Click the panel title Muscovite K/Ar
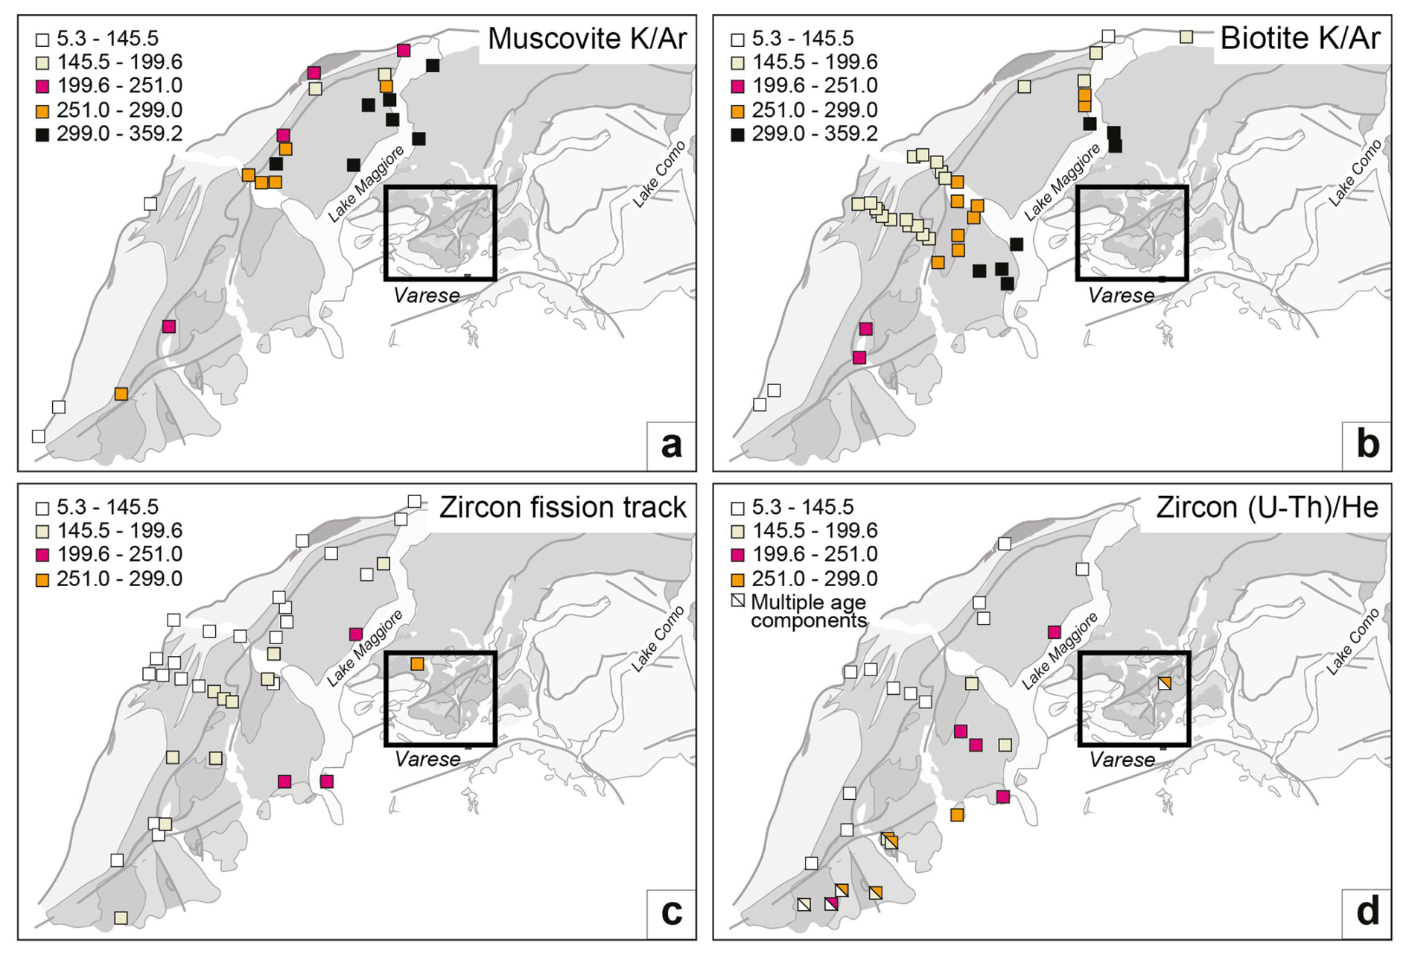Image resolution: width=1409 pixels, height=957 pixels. pyautogui.click(x=587, y=39)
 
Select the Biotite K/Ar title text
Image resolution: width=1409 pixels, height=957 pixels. pyautogui.click(x=1300, y=39)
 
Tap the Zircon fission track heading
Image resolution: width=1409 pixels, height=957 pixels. pyautogui.click(x=562, y=507)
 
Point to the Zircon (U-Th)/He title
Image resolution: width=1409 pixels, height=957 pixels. pyautogui.click(x=1267, y=507)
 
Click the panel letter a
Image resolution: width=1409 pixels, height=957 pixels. pyautogui.click(x=671, y=445)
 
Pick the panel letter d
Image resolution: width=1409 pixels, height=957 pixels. pyautogui.click(x=1367, y=912)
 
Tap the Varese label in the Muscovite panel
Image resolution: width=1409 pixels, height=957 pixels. pyautogui.click(x=426, y=296)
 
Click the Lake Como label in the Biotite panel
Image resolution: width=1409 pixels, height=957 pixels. pyautogui.click(x=1355, y=172)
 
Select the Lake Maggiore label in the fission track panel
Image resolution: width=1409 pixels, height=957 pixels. pyautogui.click(x=365, y=647)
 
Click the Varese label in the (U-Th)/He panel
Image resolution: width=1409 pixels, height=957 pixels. pyautogui.click(x=1122, y=760)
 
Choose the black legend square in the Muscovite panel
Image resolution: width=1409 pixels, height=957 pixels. pyautogui.click(x=42, y=134)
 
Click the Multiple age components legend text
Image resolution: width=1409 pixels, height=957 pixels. pyautogui.click(x=808, y=611)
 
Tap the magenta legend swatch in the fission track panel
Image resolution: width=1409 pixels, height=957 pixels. pyautogui.click(x=42, y=555)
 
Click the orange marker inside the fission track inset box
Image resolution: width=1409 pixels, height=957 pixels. pyautogui.click(x=417, y=664)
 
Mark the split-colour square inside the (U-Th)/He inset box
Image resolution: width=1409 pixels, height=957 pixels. pyautogui.click(x=1165, y=683)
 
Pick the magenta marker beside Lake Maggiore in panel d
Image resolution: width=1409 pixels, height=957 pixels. pyautogui.click(x=1054, y=632)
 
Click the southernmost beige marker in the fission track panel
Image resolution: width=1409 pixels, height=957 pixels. pyautogui.click(x=121, y=918)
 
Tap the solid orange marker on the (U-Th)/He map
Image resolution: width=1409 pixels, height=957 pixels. pyautogui.click(x=957, y=815)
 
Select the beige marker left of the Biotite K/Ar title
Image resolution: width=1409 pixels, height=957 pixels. pyautogui.click(x=1186, y=36)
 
